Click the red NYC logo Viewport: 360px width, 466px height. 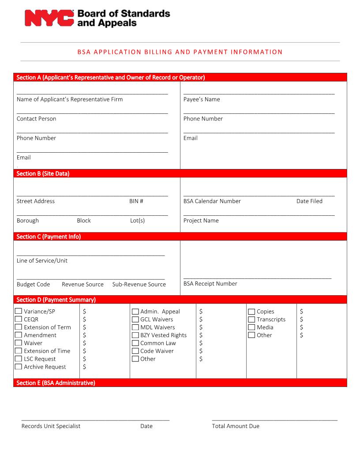pos(49,19)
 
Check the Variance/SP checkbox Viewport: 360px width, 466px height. pos(19,311)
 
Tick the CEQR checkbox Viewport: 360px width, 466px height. pos(19,319)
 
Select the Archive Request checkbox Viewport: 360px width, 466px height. pos(19,367)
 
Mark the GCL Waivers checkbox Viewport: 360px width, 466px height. pos(135,319)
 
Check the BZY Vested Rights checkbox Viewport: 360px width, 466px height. pos(135,335)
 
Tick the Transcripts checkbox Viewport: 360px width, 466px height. pos(251,319)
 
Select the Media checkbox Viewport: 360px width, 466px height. pos(251,327)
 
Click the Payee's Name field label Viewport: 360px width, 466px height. pos(202,99)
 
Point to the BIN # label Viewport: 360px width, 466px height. pos(136,201)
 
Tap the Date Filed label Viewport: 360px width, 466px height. pos(309,201)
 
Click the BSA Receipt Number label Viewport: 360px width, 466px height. pos(210,284)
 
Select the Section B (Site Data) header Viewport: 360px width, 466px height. pos(43,174)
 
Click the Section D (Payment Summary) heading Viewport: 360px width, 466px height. pos(56,300)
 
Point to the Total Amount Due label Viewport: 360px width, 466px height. pos(236,426)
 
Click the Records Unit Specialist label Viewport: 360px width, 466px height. pos(51,426)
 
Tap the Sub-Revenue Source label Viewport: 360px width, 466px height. pos(139,285)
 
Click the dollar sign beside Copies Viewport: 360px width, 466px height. pos(301,312)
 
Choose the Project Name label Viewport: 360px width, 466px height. pos(201,221)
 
